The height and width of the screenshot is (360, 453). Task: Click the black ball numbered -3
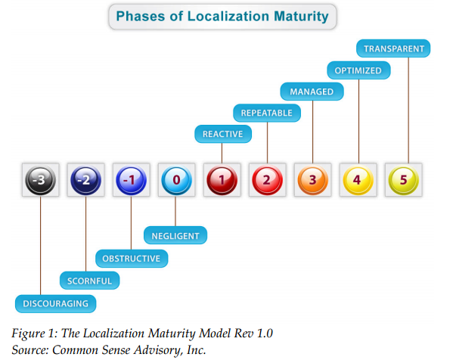(x=40, y=180)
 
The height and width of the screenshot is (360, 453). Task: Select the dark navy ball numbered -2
(x=85, y=180)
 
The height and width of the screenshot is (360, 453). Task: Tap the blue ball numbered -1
(x=131, y=180)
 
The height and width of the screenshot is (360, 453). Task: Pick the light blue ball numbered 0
(x=176, y=180)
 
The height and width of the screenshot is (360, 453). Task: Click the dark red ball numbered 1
(x=222, y=180)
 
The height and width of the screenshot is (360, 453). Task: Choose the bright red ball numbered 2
(x=267, y=180)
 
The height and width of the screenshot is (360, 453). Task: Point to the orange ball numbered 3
(x=313, y=180)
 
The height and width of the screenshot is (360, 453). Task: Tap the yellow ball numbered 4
(x=358, y=180)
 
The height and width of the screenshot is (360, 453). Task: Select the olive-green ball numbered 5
(x=404, y=180)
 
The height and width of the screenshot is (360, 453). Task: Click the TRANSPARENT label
(x=393, y=48)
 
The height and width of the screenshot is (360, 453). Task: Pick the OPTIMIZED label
(x=358, y=70)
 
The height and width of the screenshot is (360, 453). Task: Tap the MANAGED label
(x=312, y=92)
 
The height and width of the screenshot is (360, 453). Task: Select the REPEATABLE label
(x=267, y=113)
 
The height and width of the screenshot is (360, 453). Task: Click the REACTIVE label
(x=223, y=134)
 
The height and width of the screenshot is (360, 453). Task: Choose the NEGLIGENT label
(x=175, y=235)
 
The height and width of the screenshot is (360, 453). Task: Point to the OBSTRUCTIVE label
(x=132, y=259)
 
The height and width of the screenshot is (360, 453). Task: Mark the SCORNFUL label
(x=89, y=281)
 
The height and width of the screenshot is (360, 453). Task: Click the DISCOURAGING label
(x=55, y=304)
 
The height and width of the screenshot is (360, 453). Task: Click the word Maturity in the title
(x=301, y=16)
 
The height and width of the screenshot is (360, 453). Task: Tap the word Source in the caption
(x=30, y=350)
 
